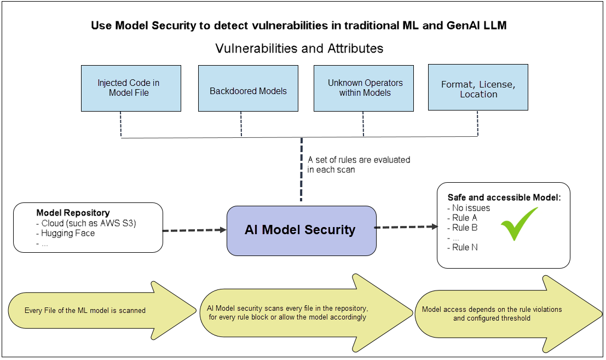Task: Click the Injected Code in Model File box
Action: point(131,88)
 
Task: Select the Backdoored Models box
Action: point(248,89)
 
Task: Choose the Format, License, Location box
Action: point(478,88)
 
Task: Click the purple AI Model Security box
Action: point(301,230)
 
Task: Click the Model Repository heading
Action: point(73,213)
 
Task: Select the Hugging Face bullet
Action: point(67,233)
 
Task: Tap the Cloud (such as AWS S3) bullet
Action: point(88,223)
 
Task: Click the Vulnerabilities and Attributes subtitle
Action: point(299,48)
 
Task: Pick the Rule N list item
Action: point(464,247)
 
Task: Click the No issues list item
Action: point(471,208)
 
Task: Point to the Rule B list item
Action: point(464,228)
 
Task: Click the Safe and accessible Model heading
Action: point(504,198)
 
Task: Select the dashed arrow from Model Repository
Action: point(195,231)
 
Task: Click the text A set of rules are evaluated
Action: point(359,160)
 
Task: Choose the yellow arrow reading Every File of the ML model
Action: point(99,310)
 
